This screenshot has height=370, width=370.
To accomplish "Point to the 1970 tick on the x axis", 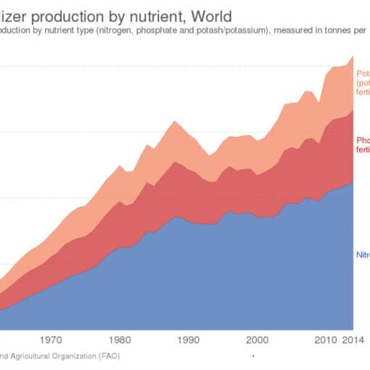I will (51, 339).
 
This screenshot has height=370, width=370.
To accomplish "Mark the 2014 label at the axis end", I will (353, 339).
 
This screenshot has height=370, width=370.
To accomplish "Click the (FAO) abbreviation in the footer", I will (106, 356).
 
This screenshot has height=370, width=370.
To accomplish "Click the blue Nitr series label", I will (363, 255).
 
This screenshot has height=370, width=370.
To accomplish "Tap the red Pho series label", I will (363, 139).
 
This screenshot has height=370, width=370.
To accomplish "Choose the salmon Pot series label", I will (363, 73).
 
